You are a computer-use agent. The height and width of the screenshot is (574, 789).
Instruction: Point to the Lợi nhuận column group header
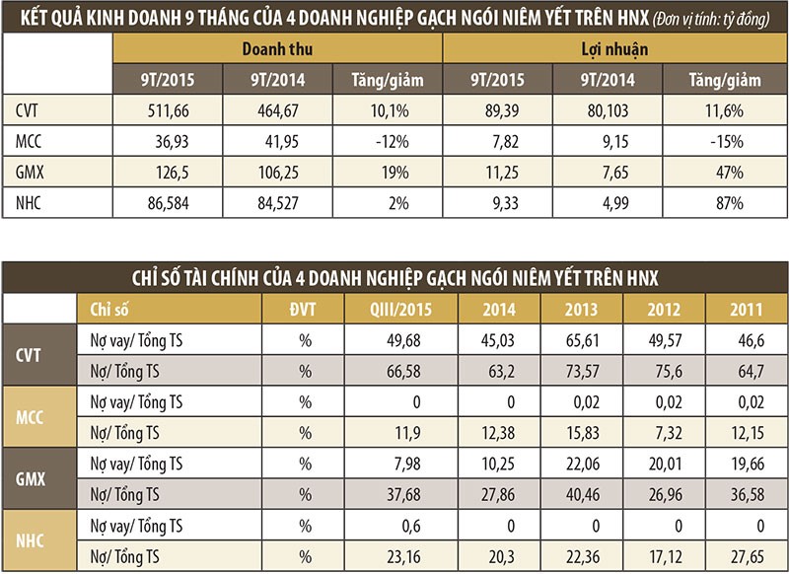point(611,48)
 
